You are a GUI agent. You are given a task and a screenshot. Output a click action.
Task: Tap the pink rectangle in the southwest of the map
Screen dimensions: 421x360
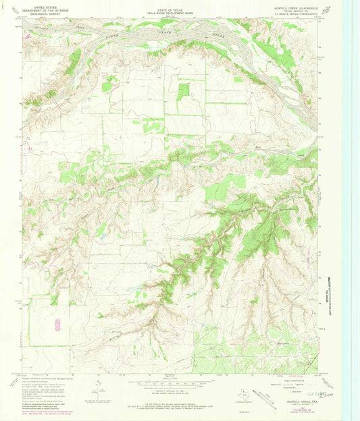[57, 325]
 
